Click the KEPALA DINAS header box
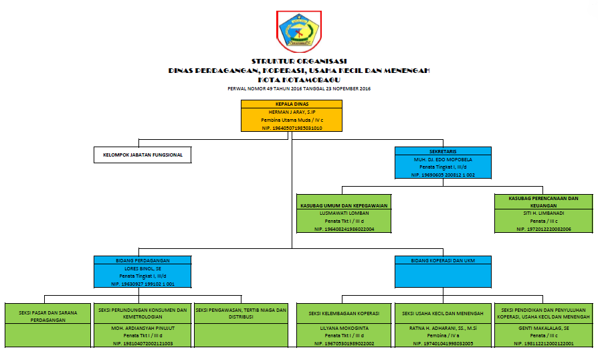click(x=291, y=104)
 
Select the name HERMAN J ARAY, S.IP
click(x=291, y=112)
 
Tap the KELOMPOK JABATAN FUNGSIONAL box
click(x=142, y=156)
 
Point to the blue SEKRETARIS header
click(x=443, y=152)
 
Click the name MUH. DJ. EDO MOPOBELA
click(x=443, y=160)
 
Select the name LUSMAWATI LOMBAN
click(x=344, y=213)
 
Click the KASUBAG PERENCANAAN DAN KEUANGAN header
click(x=543, y=201)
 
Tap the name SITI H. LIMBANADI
click(x=543, y=213)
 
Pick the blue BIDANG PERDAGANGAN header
click(x=142, y=260)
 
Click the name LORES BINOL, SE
click(x=142, y=268)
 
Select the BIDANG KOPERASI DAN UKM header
click(x=443, y=260)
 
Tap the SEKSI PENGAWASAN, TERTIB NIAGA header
click(x=241, y=313)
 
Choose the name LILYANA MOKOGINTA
click(x=344, y=329)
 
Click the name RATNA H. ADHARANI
click(x=443, y=329)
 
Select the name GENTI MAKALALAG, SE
click(x=543, y=329)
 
